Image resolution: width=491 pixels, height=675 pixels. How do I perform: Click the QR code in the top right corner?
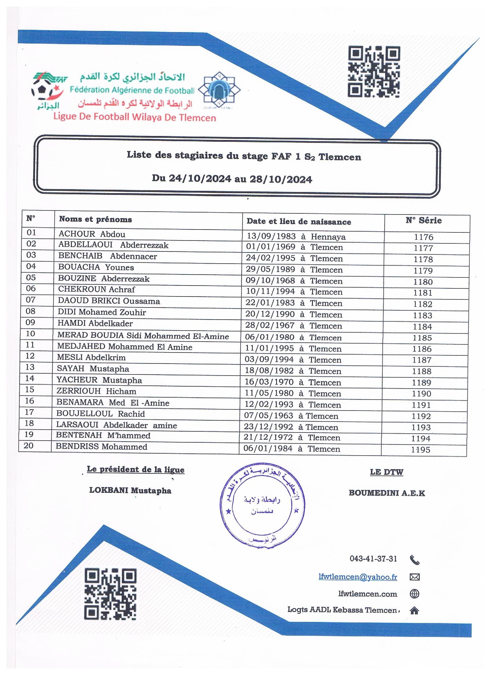pos(374,71)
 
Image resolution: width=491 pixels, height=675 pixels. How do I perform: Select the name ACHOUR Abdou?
pos(92,234)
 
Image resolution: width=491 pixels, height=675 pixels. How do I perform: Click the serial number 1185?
pos(422,338)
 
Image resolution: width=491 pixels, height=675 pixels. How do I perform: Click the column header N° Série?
pos(423,221)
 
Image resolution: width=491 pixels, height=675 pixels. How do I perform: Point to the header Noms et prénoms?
pos(95,219)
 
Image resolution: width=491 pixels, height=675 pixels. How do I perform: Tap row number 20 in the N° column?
pos(29,445)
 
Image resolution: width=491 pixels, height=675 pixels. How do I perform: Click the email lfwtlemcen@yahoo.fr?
pos(358,577)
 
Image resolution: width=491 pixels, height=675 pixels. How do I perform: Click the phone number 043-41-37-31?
pos(373,559)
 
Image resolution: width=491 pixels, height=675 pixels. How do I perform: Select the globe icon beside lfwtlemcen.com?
pos(414,594)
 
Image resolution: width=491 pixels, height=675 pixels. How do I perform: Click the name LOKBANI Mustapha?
pos(130,491)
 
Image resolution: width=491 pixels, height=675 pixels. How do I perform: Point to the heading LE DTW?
pos(386,472)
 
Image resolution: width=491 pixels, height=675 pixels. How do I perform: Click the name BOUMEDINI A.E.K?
pos(387,493)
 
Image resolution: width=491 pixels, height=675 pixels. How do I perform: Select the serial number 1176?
pos(423,237)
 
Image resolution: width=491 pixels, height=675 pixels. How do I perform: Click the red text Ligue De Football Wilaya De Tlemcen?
pos(135,117)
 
